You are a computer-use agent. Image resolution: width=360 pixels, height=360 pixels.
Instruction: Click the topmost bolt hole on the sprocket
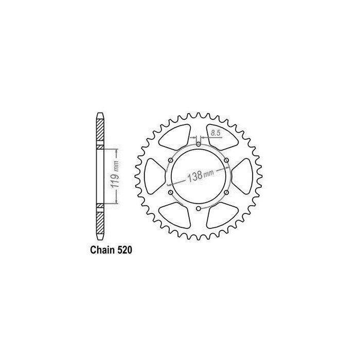click(199, 143)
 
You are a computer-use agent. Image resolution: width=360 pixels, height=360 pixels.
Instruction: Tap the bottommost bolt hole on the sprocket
click(199, 209)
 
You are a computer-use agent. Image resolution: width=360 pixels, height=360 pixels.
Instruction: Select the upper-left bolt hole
click(170, 160)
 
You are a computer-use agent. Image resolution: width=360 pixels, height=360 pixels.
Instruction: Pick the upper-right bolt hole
click(227, 160)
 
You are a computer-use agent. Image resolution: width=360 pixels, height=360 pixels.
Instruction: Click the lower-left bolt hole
click(170, 192)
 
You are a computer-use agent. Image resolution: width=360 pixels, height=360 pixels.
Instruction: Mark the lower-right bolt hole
click(227, 192)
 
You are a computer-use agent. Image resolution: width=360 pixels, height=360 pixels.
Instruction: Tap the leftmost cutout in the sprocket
click(154, 176)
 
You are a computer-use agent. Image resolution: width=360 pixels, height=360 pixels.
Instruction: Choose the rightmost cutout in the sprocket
click(243, 176)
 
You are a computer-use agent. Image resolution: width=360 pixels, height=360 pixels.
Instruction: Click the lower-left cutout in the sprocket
click(174, 214)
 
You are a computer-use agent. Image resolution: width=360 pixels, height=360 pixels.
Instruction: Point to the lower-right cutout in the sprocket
click(222, 214)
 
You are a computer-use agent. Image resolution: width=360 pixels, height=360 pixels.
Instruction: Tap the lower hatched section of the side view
click(100, 219)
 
